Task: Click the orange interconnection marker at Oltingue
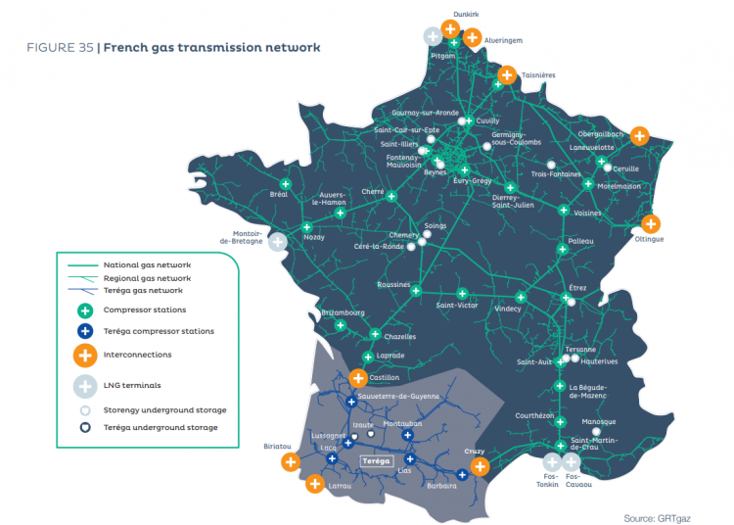click(x=650, y=223)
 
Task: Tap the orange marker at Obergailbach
click(x=639, y=136)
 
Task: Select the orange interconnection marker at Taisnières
click(x=507, y=74)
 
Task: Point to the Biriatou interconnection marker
click(x=290, y=462)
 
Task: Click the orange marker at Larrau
click(x=315, y=483)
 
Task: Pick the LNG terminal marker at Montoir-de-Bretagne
click(x=279, y=241)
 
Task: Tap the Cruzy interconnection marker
click(x=480, y=466)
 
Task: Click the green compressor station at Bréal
click(x=286, y=183)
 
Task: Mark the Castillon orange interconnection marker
click(x=359, y=377)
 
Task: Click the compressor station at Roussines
click(x=415, y=291)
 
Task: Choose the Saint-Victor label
click(x=457, y=305)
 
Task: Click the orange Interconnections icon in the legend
click(x=85, y=356)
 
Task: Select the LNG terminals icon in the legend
click(x=85, y=385)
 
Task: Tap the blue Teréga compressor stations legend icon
click(x=85, y=331)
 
